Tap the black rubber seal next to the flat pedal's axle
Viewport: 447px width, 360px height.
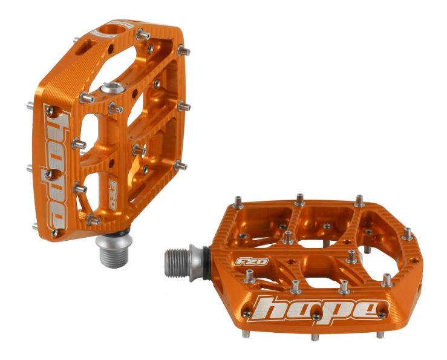tap(208, 254)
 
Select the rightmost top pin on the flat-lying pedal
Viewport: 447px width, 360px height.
tap(408, 233)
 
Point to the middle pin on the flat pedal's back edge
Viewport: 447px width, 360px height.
tap(299, 198)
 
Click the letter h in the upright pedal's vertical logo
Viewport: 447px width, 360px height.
tap(56, 124)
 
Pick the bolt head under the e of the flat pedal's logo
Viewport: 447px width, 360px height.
tap(382, 313)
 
